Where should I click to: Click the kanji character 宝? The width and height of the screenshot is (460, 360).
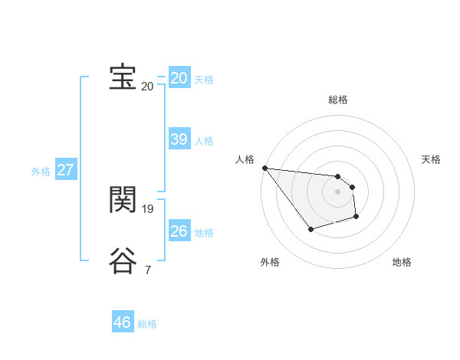123,77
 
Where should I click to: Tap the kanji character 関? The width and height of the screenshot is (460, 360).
123,200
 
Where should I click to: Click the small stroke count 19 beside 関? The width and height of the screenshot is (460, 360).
148,208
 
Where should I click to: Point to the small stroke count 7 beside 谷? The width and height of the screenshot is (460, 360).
148,269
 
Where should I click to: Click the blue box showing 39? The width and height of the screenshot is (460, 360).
179,139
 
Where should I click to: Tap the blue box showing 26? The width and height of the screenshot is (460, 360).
179,231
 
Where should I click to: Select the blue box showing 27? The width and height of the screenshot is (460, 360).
65,170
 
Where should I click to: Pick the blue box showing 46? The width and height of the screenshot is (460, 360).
123,322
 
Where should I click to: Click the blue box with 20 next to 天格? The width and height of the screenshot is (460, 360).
179,78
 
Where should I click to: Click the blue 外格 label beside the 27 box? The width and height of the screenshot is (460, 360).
41,172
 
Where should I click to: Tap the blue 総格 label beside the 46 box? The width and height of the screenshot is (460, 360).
147,324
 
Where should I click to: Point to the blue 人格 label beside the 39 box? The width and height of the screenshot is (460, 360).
204,141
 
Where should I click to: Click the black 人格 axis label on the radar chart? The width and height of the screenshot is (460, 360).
245,159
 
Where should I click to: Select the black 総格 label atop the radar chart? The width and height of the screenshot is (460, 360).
338,100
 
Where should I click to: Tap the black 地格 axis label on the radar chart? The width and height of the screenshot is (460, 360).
402,263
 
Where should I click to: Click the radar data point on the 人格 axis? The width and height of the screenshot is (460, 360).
264,168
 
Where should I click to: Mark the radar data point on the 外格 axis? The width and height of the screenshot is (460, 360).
310,229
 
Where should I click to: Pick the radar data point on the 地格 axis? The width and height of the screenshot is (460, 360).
356,217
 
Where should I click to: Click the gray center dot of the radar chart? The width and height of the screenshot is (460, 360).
338,191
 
